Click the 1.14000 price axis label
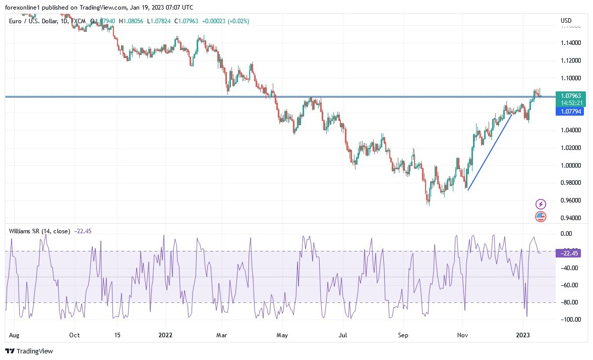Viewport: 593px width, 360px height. (x=570, y=43)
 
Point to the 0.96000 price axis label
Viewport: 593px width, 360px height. (x=570, y=200)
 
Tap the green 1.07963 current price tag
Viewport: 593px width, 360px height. (x=571, y=95)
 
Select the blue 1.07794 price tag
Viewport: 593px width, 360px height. (x=571, y=112)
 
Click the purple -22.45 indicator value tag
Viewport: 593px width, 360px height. (x=570, y=253)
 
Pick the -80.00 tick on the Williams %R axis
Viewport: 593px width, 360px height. (x=569, y=302)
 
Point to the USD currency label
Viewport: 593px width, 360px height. (x=566, y=21)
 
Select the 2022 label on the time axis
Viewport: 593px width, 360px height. (x=165, y=334)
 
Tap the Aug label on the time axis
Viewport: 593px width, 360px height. (x=15, y=334)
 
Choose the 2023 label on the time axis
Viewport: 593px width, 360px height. (x=523, y=334)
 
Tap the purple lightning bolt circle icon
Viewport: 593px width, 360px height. (x=541, y=204)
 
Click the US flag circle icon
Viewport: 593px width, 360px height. (x=541, y=217)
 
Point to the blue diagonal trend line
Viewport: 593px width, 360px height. (x=490, y=152)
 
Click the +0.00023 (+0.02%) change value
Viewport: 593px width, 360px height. (x=225, y=21)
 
